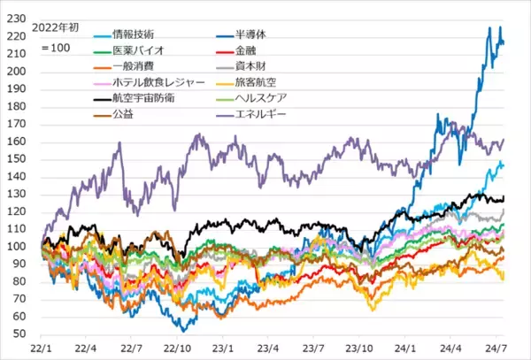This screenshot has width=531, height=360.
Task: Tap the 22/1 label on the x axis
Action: click(42, 349)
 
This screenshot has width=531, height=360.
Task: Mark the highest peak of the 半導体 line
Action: click(490, 27)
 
